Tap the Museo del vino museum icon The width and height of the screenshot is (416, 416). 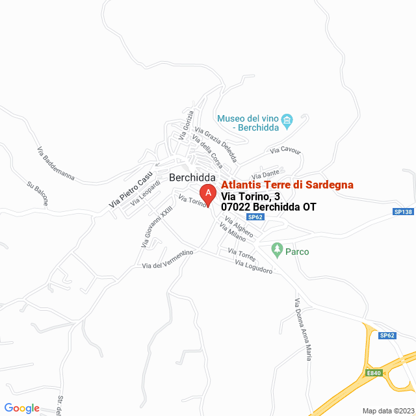coord(287,119)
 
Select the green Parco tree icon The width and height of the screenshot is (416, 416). coord(277,249)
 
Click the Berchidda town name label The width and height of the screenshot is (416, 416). coord(192,177)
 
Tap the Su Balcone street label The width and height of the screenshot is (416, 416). coord(37,193)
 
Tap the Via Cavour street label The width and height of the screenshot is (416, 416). coord(286,151)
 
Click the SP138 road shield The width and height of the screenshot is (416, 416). coord(403,212)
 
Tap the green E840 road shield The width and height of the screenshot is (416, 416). coord(374,373)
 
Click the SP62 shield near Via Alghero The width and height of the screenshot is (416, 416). coord(255,217)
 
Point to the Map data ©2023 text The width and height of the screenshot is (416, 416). coord(387,411)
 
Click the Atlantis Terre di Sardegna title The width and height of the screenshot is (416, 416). coord(287,185)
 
